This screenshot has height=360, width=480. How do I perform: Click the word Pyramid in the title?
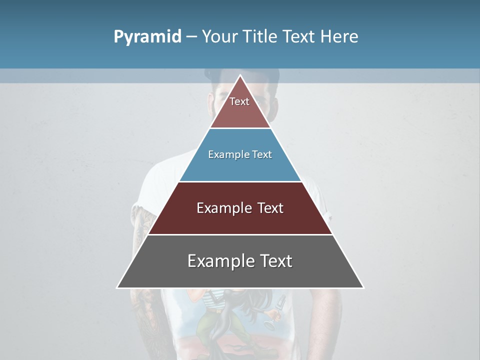coord(147,37)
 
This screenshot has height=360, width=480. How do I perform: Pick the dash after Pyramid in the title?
coord(191,37)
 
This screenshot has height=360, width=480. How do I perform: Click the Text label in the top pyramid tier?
coord(239,101)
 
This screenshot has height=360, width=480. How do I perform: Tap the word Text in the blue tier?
coord(262,154)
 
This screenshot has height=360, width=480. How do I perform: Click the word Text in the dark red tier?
coord(270,208)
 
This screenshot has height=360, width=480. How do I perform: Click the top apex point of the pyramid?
coord(240,75)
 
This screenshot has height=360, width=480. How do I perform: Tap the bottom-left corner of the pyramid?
coord(117,287)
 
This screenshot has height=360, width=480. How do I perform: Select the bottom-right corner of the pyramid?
coord(363,287)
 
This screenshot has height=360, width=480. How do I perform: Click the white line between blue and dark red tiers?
coord(240,181)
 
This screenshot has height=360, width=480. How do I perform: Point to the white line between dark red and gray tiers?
coord(240,234)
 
